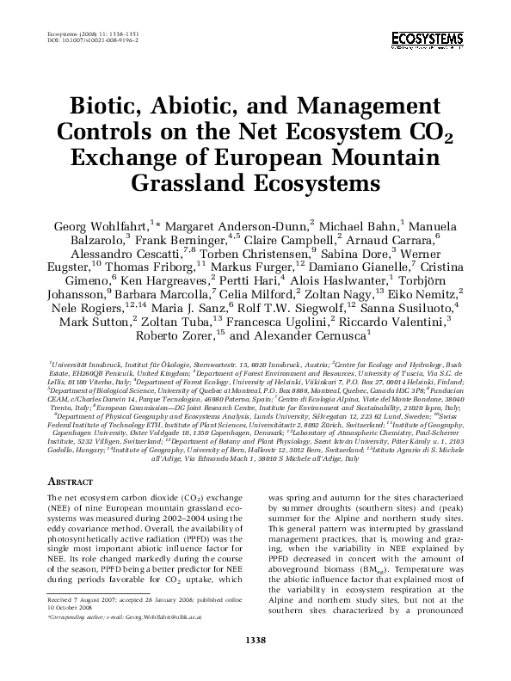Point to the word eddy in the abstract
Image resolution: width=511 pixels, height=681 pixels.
tap(59, 527)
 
